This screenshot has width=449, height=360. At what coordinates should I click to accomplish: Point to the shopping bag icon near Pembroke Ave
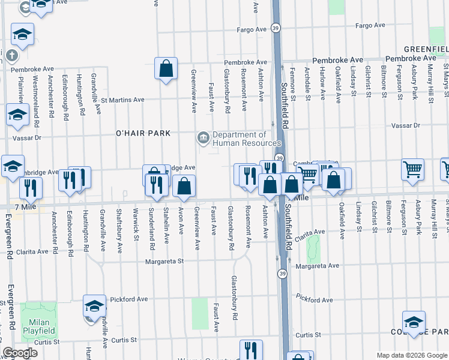pyautogui.click(x=166, y=68)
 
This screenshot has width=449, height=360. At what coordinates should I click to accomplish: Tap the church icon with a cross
pyautogui.click(x=11, y=56)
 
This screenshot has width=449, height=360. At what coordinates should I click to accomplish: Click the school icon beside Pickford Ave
pyautogui.click(x=94, y=307)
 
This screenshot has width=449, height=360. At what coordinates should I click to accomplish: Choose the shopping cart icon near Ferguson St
pyautogui.click(x=412, y=170)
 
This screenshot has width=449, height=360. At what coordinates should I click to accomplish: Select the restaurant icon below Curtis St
pyautogui.click(x=251, y=350)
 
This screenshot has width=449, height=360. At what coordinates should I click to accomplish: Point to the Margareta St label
pyautogui.click(x=163, y=262)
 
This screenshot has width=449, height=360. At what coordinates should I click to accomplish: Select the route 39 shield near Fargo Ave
pyautogui.click(x=274, y=28)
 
